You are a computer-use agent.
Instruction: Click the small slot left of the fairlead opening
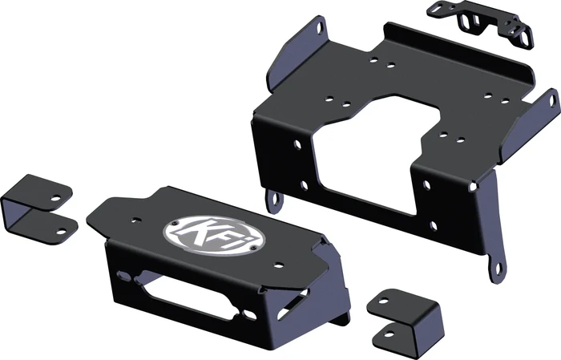(x=125, y=276)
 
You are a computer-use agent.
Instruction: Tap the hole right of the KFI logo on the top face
(x=277, y=265)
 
